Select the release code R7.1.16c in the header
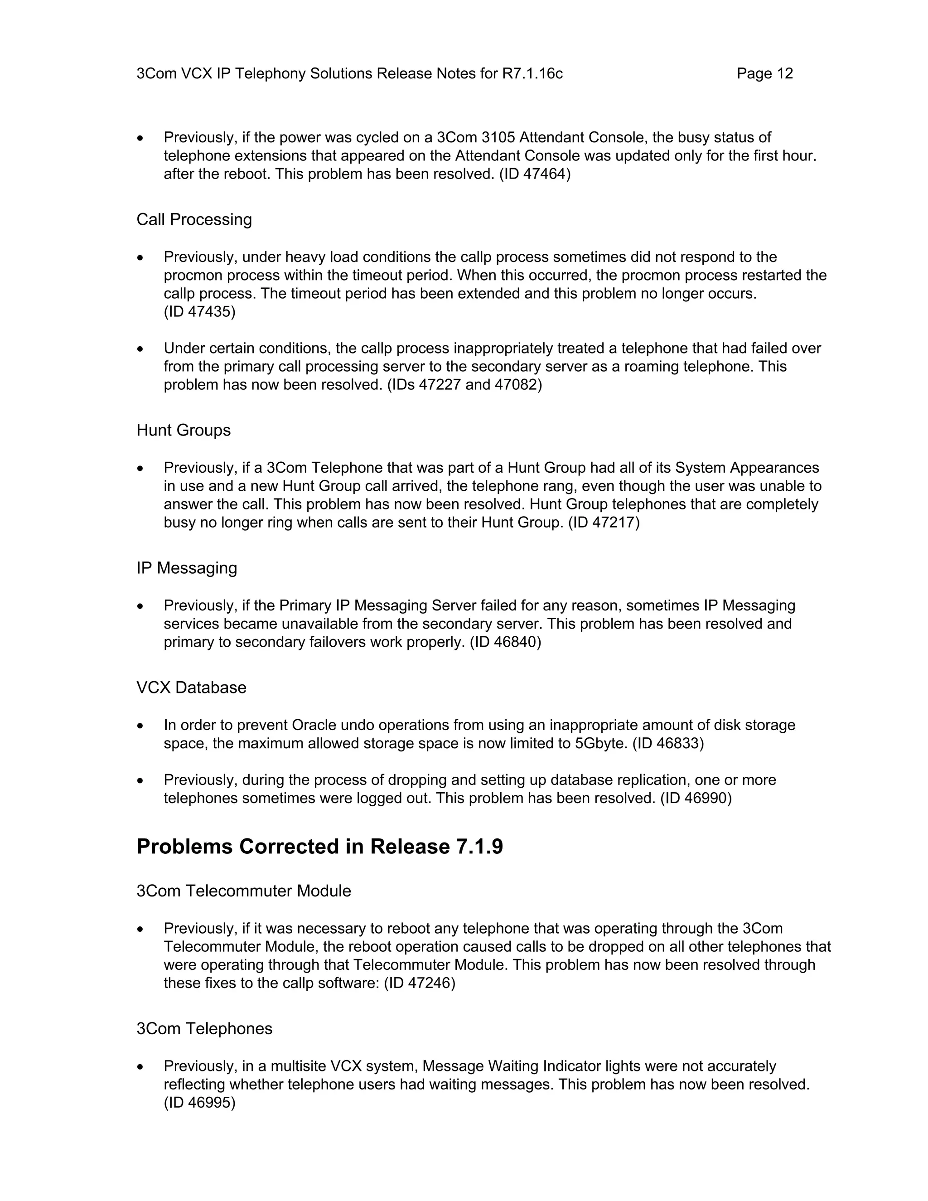pos(532,74)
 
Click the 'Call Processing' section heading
pos(194,219)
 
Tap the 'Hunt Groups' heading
pos(183,430)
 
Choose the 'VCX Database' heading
pos(191,688)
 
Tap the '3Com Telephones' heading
pos(204,1028)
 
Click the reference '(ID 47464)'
pos(535,174)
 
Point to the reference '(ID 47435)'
pos(199,312)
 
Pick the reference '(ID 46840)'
pos(505,642)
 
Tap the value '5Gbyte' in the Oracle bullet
pos(601,743)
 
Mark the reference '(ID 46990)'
pos(696,799)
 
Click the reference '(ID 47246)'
pos(420,983)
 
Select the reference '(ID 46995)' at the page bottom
pos(199,1103)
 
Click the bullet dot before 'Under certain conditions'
pos(141,349)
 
